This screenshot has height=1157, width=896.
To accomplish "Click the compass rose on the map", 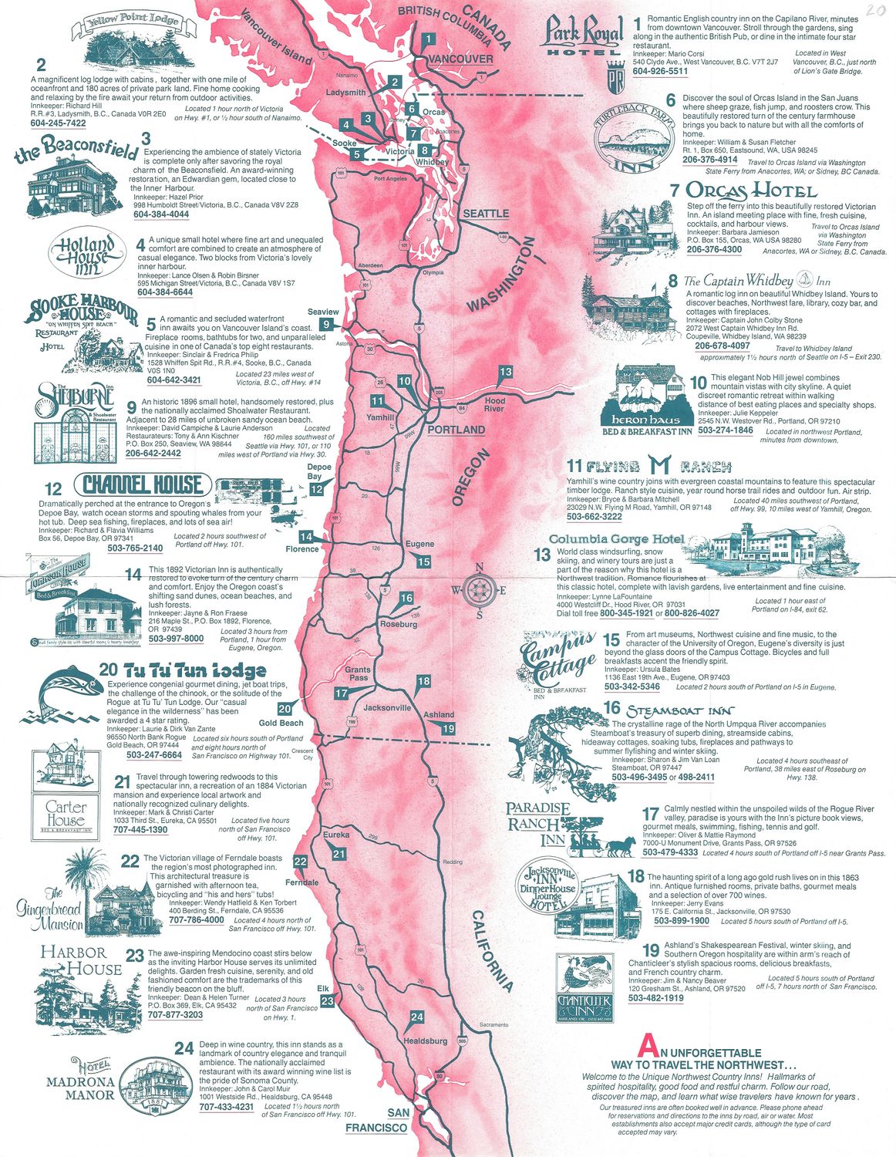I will (x=479, y=591).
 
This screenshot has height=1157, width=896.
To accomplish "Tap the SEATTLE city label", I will (x=486, y=214).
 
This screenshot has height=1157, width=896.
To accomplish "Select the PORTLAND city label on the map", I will (x=456, y=430).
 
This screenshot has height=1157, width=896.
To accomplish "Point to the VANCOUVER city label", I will (x=460, y=59).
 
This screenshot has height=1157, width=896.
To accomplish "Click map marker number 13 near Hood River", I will (x=505, y=372).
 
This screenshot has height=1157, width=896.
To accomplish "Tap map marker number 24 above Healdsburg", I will (x=416, y=1017).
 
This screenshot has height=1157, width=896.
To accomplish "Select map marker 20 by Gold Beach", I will (x=285, y=709).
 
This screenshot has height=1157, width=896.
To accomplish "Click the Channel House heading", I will (x=142, y=484).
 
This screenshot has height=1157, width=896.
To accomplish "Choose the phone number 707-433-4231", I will (x=227, y=1107).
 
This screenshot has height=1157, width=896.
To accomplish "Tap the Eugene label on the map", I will (x=419, y=544).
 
